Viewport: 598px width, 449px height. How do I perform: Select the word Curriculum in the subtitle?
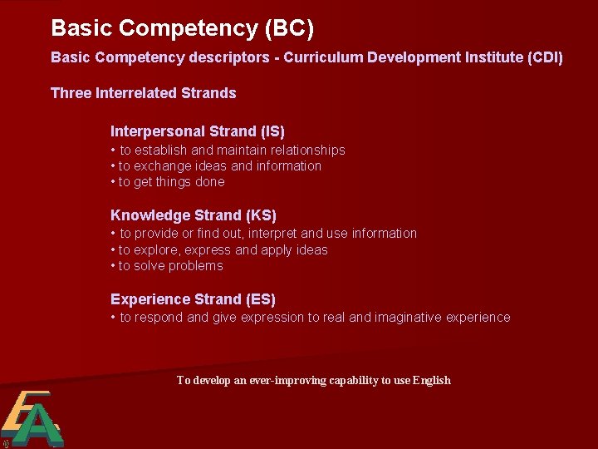click(x=296, y=58)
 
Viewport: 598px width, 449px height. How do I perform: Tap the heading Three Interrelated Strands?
click(x=144, y=93)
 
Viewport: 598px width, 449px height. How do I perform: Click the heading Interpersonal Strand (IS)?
click(x=198, y=131)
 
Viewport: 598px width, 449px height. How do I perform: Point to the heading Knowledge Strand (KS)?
click(x=194, y=215)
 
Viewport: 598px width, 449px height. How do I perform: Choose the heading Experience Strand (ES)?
click(x=193, y=299)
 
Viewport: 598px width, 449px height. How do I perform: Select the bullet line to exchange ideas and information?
click(x=216, y=166)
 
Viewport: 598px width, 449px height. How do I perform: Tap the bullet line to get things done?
click(x=168, y=182)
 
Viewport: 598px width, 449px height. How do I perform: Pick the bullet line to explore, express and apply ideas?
click(x=219, y=250)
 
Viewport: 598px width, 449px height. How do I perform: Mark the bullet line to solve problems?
click(x=167, y=266)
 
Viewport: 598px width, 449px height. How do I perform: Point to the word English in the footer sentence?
click(x=432, y=381)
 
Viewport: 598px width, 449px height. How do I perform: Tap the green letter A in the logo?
click(x=37, y=426)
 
